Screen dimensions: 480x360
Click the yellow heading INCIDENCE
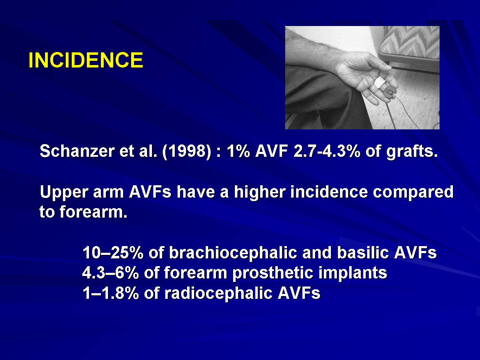[x=86, y=60]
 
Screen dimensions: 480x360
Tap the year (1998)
[x=186, y=152]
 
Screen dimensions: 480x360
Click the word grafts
[x=412, y=151]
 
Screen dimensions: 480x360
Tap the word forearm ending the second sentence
[x=93, y=212]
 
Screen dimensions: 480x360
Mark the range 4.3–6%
[x=110, y=273]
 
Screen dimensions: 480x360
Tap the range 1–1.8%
[x=111, y=293]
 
